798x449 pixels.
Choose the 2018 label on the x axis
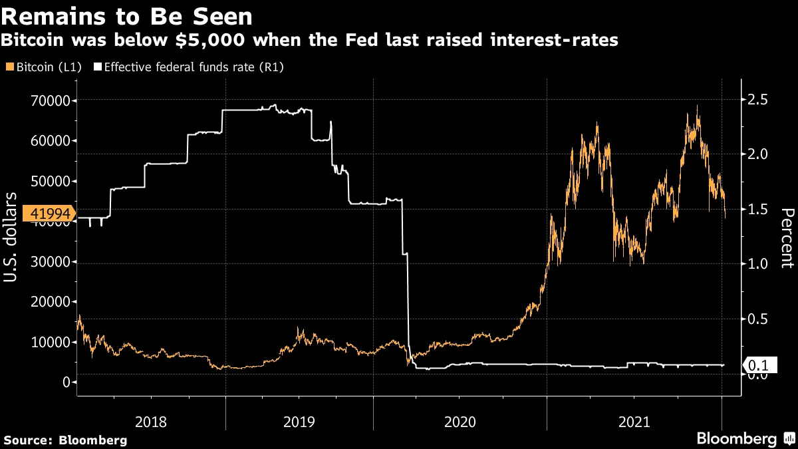151,421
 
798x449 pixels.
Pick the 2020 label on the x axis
460,421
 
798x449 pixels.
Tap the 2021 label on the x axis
634,421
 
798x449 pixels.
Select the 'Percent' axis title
787,237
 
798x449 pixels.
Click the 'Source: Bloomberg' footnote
65,440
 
